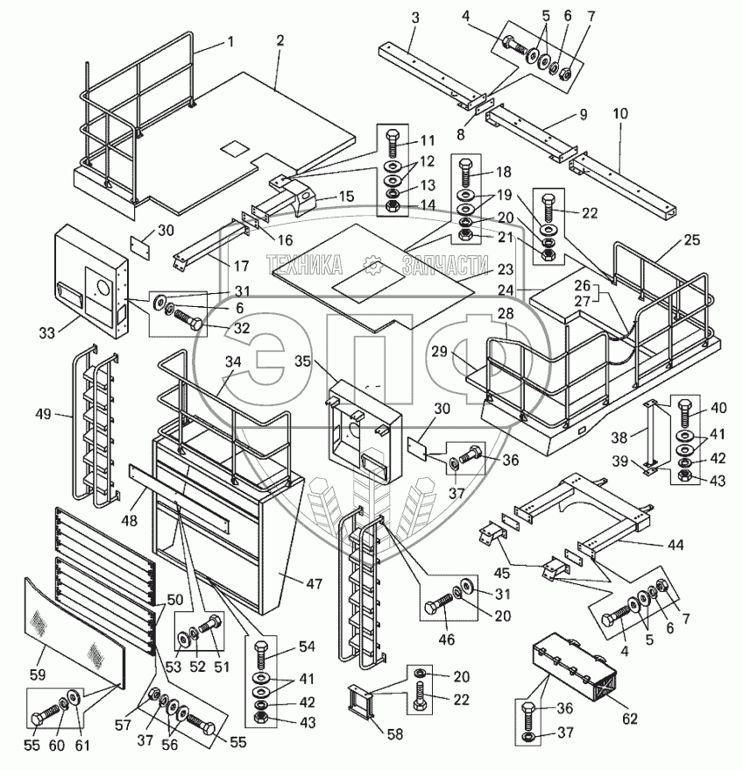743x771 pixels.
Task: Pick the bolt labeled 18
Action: click(465, 173)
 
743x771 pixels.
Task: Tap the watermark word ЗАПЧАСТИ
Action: click(443, 262)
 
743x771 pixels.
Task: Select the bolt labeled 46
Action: click(441, 607)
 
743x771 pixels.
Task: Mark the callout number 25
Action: click(692, 240)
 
